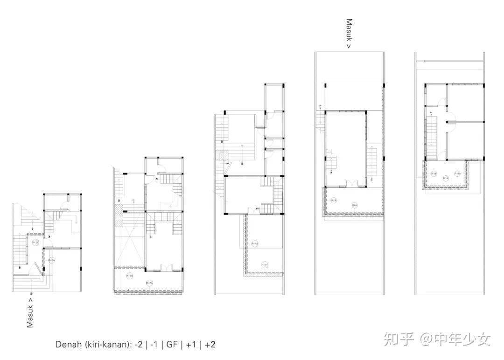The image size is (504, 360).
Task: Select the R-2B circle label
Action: tap(130, 276)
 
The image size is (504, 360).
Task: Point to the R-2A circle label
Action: tap(150, 283)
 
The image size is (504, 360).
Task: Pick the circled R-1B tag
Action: tap(255, 244)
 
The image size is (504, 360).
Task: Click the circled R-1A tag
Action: tap(265, 264)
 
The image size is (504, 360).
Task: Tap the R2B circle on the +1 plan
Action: tap(334, 200)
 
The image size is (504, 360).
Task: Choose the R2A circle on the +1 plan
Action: tap(355, 205)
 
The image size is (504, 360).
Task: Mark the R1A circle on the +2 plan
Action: tap(445, 178)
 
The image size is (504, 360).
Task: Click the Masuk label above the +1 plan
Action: tap(349, 34)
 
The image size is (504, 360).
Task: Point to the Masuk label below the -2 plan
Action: tap(30, 312)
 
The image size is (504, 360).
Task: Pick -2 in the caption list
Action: tap(139, 345)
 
